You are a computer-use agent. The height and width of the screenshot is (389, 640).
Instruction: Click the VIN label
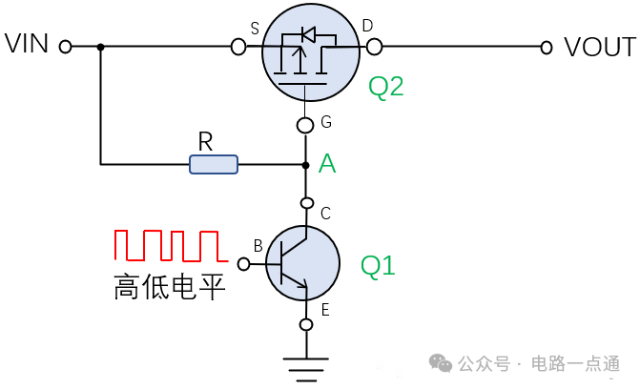tap(27, 45)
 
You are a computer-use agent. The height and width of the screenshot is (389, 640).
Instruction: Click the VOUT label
tap(599, 47)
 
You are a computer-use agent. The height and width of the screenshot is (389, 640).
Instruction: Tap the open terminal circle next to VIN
tap(66, 46)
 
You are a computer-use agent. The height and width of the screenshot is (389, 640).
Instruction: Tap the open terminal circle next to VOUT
tap(547, 46)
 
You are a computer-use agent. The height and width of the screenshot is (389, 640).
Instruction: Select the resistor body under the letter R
tap(214, 165)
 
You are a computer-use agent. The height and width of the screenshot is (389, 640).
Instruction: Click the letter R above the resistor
tap(204, 141)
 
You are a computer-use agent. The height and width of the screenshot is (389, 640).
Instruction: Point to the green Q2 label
tap(386, 87)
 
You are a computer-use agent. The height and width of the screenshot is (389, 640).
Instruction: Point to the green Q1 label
tap(378, 265)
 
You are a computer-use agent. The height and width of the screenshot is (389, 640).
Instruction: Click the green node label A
tap(327, 164)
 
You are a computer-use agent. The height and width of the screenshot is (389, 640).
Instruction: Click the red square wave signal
tap(168, 245)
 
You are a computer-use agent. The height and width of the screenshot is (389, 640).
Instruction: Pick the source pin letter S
tap(255, 29)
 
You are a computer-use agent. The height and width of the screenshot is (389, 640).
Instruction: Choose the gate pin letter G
tap(326, 122)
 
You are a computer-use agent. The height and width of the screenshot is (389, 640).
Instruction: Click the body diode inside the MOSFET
tap(308, 34)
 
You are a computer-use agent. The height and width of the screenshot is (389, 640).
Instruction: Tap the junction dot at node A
tap(305, 165)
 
